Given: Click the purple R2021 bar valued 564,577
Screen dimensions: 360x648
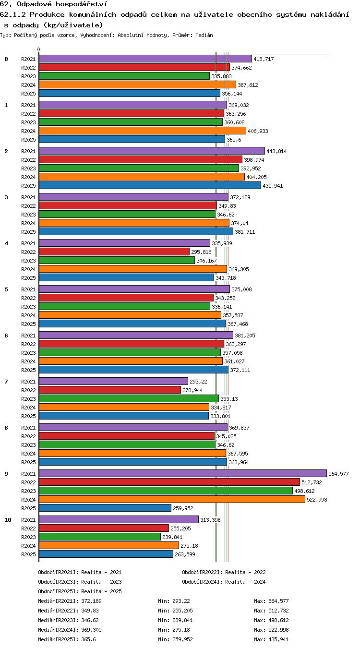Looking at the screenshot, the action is coord(183,473).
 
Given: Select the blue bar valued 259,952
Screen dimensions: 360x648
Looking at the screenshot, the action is coord(105,508).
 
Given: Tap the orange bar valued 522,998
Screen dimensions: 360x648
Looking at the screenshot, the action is coord(172,499).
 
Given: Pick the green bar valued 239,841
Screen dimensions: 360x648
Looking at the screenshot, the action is coord(100,537).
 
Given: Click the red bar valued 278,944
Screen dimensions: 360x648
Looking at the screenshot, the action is coord(110,390).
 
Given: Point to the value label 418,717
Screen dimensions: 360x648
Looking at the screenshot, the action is coord(264,59).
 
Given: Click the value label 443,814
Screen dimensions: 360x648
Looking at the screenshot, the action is coord(276,151).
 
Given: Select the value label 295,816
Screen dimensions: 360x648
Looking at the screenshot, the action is coord(202,252).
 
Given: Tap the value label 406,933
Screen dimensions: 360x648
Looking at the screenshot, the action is coord(258,131).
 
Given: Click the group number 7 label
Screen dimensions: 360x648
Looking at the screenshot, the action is coord(6,382).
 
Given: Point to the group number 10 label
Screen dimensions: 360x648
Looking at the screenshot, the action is coord(8,520).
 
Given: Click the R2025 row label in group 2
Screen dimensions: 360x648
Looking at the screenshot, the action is coord(28,186).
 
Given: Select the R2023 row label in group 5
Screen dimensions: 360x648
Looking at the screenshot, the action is coord(28,307).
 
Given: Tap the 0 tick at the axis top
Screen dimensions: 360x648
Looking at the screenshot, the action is coord(39,50).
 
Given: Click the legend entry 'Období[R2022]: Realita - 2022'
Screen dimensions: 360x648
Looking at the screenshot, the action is coord(224,572).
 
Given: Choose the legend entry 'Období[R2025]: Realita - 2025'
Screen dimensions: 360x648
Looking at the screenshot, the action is coord(80,591).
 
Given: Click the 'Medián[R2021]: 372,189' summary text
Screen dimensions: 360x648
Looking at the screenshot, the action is coord(70,601).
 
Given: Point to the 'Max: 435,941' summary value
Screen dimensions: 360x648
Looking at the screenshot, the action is coord(272,639).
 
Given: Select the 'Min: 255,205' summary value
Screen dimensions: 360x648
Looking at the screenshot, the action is coord(175,611).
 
